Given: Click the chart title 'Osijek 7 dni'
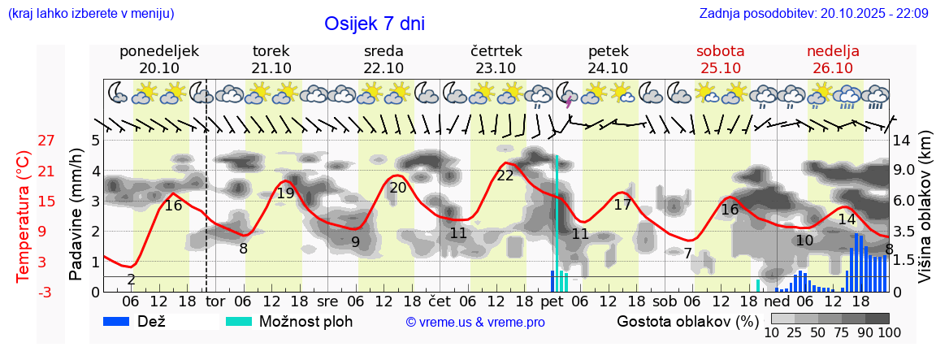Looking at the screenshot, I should pos(374,24).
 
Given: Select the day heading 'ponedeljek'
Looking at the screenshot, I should pos(158,51).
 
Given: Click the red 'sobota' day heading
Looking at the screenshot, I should pos(720,51).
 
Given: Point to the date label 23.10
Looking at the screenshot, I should pos(496,68).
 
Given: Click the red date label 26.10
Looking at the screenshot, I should pos(833,68).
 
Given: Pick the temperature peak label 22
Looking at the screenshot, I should pos(505,176).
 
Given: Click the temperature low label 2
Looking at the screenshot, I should pos(131,280).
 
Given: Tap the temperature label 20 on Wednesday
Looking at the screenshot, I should pos(397,188).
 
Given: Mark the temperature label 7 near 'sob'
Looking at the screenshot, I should pos(687,254).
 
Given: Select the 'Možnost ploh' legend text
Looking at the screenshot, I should pos(305,321).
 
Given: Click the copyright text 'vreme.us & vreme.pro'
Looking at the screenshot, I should pos(475,323).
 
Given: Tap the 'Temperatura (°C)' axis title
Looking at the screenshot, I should pos(24,216).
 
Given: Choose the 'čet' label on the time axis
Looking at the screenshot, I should pos(440,302).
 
